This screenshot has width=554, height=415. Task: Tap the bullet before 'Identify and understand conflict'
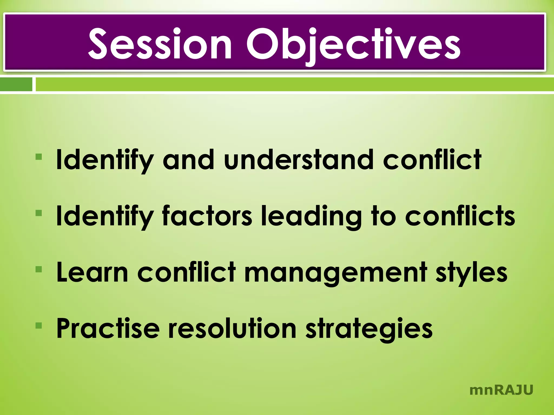pos(39,157)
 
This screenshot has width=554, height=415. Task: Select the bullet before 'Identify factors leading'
pos(39,213)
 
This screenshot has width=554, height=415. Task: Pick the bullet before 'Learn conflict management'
pos(39,269)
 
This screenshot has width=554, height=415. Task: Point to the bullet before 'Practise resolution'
pos(39,325)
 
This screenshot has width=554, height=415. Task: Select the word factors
pos(207,216)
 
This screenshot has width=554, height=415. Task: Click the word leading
pos(311,216)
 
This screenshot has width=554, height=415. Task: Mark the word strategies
pos(369,329)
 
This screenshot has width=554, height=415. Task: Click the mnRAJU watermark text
pos(501,390)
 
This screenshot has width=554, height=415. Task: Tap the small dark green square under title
pos(16,84)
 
